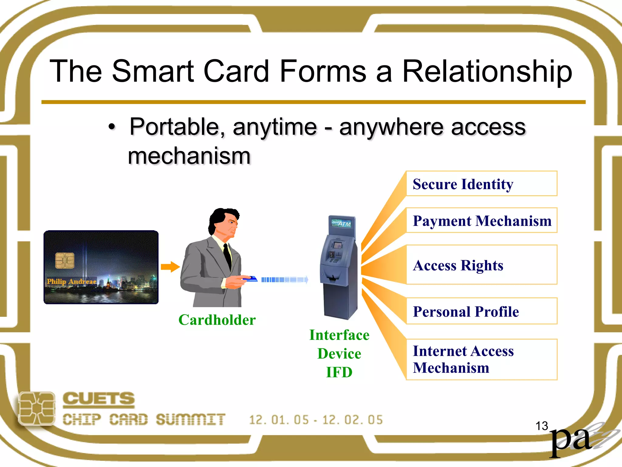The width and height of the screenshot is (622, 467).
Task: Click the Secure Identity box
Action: pyautogui.click(x=481, y=184)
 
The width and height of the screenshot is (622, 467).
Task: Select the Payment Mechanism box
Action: pyautogui.click(x=481, y=220)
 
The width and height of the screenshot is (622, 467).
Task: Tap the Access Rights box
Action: pyautogui.click(x=481, y=265)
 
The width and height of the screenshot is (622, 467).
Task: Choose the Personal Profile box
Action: pyautogui.click(x=481, y=311)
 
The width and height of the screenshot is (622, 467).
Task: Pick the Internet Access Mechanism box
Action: pyautogui.click(x=481, y=359)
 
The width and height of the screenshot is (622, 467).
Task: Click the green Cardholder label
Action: pyautogui.click(x=217, y=320)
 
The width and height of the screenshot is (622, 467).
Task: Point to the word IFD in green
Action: pyautogui.click(x=339, y=372)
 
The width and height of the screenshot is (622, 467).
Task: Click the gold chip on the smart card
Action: pyautogui.click(x=65, y=260)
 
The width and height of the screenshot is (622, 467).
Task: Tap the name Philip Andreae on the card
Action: pyautogui.click(x=71, y=282)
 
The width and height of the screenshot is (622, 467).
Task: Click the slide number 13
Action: pyautogui.click(x=542, y=426)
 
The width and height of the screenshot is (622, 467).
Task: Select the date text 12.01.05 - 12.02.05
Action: pyautogui.click(x=316, y=420)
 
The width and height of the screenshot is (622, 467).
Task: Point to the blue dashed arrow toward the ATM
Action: pyautogui.click(x=285, y=279)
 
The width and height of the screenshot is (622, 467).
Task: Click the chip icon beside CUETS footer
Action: pyautogui.click(x=37, y=408)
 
